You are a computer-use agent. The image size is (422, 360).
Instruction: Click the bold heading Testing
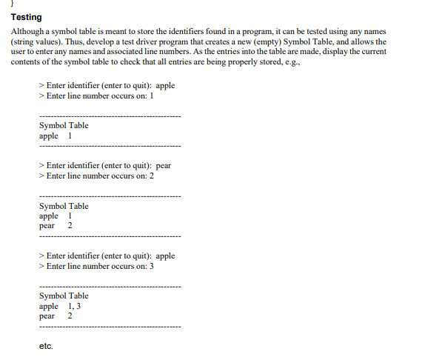point(27,17)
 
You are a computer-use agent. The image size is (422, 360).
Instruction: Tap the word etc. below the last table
point(46,346)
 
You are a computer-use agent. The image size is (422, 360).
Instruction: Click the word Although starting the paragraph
point(29,33)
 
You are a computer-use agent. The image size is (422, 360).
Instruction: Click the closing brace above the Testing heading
point(13,4)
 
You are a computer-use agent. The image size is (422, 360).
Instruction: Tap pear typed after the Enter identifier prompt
point(164,165)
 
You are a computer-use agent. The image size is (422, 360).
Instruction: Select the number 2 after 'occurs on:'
point(151,176)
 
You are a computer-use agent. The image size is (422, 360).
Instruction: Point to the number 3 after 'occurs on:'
point(151,266)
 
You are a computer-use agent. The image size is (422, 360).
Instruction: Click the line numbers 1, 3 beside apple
point(74,306)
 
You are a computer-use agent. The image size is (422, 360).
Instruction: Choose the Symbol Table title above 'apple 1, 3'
point(64,296)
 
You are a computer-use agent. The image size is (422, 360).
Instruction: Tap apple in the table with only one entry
point(49,136)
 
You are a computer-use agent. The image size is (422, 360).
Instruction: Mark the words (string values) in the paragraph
point(37,42)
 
